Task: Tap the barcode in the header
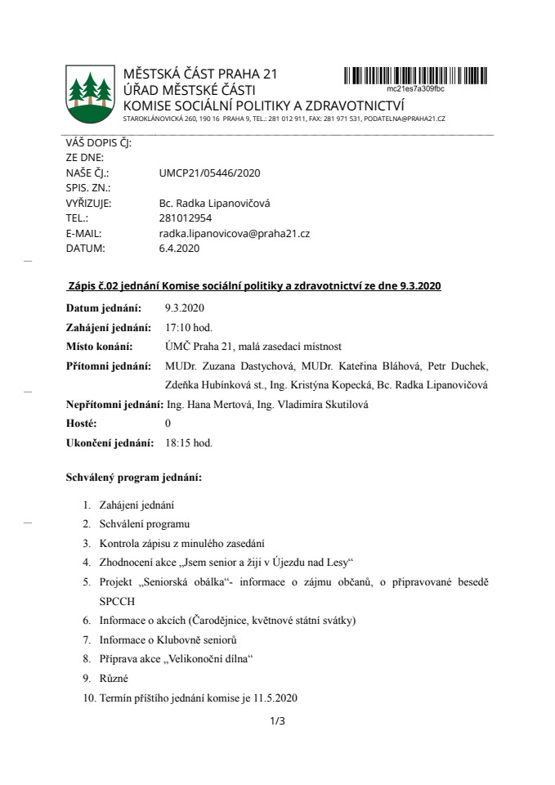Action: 415,76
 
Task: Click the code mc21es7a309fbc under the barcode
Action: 415,87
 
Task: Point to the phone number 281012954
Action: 186,218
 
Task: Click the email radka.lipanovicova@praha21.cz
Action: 234,233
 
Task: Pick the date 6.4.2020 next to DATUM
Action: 180,248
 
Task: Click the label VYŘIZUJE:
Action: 88,204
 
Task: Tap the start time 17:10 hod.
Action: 189,327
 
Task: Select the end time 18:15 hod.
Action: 189,442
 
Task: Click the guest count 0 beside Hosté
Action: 168,423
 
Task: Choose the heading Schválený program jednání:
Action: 133,477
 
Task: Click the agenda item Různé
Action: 114,678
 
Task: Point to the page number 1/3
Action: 277,720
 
